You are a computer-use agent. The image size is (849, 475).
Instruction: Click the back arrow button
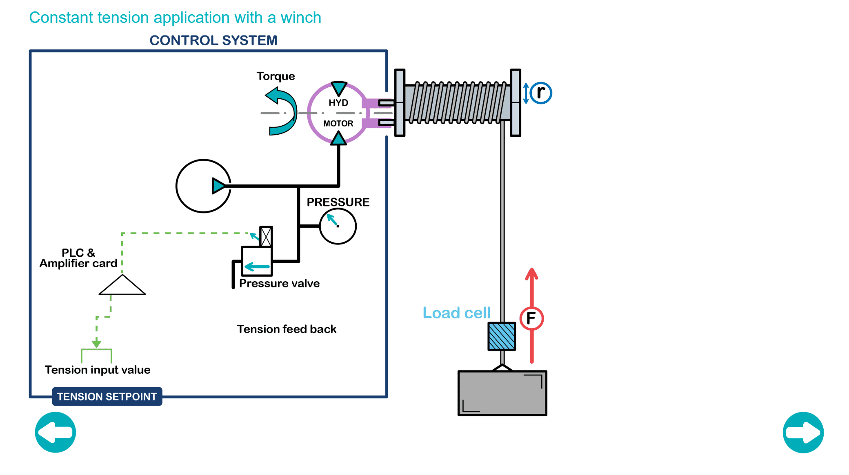click(x=56, y=432)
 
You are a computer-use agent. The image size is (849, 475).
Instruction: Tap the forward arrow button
click(x=803, y=432)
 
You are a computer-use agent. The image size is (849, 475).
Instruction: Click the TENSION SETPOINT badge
click(x=107, y=397)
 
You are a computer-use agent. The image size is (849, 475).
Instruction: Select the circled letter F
click(x=531, y=318)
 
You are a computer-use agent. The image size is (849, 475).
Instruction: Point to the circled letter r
click(x=541, y=93)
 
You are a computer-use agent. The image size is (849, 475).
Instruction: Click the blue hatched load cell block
click(x=502, y=336)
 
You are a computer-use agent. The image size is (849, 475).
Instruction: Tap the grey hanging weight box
click(x=502, y=393)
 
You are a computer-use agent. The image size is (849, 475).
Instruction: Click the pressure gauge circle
click(x=338, y=226)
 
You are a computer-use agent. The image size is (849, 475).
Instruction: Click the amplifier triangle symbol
click(x=122, y=286)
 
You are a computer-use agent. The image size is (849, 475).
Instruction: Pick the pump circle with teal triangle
click(x=203, y=186)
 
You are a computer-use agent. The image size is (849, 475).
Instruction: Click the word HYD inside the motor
click(x=338, y=103)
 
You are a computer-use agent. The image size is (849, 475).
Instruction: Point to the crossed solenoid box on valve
click(x=266, y=236)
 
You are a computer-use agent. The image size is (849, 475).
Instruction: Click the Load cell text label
click(x=456, y=313)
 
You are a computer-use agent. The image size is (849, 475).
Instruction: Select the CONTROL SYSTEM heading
click(x=213, y=40)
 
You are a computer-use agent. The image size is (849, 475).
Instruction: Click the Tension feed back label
click(x=287, y=329)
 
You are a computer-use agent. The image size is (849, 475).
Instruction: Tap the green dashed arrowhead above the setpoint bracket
click(x=96, y=343)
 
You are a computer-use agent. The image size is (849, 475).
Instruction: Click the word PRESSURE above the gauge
click(x=338, y=202)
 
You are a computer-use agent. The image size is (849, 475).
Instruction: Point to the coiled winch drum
click(x=457, y=103)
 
